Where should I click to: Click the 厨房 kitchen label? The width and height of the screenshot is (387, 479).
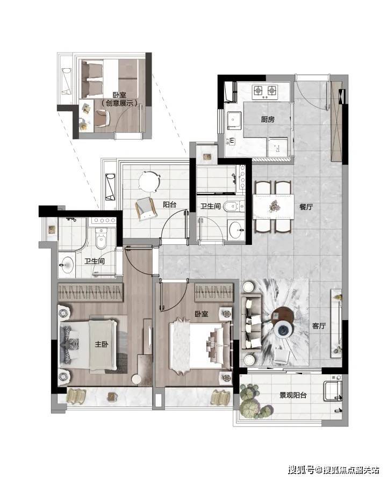[x=268, y=119]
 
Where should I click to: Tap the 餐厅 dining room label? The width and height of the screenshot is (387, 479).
[x=306, y=207]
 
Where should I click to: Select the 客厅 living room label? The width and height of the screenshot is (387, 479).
[x=319, y=326]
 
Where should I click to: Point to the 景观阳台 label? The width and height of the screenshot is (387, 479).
[x=293, y=395]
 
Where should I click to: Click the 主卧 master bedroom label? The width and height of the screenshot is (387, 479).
[x=102, y=344]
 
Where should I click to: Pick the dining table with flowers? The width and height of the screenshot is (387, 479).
[x=274, y=207]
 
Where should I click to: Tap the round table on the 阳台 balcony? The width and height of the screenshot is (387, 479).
[x=149, y=182]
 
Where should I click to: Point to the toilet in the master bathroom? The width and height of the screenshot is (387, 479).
[x=101, y=238]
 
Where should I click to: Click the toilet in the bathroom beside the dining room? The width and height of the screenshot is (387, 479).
[x=234, y=207]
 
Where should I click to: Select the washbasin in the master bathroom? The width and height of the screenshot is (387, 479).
[x=67, y=264]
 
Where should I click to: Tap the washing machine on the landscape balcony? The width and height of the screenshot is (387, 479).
[x=333, y=391]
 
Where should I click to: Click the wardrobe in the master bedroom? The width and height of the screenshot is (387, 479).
[x=90, y=292]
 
